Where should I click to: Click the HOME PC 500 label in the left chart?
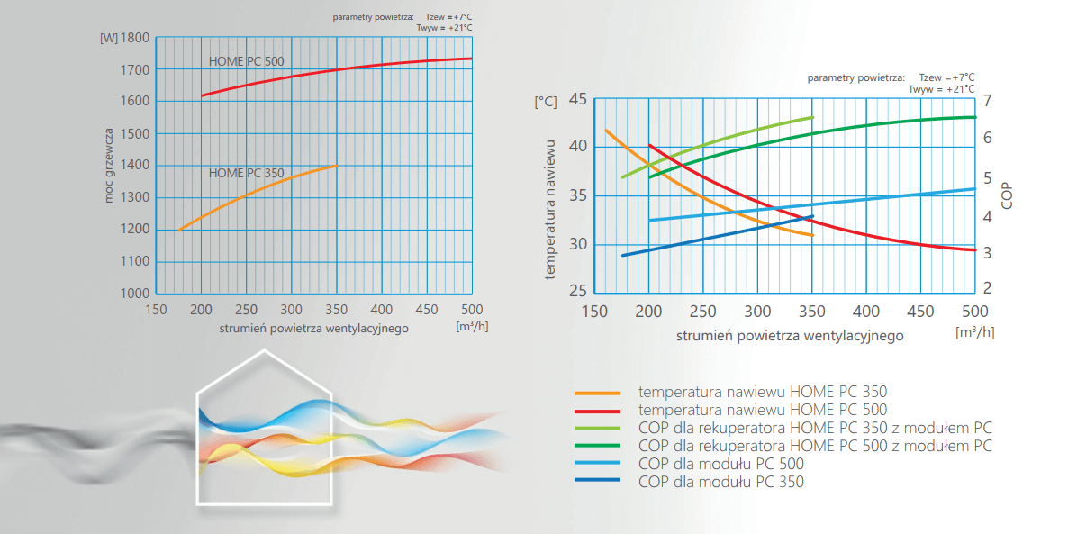point(246,62)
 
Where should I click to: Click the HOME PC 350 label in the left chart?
point(246,173)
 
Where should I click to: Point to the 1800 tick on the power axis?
point(135,38)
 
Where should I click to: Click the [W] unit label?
point(106,38)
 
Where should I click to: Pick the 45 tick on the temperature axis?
point(577,100)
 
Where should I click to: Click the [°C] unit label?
point(545,102)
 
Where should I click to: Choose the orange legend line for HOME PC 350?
point(597,393)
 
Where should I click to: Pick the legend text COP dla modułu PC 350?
point(720,482)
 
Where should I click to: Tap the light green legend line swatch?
point(597,428)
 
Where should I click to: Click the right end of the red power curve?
point(471,59)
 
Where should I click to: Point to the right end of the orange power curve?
point(336,166)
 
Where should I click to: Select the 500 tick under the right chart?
point(974,312)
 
